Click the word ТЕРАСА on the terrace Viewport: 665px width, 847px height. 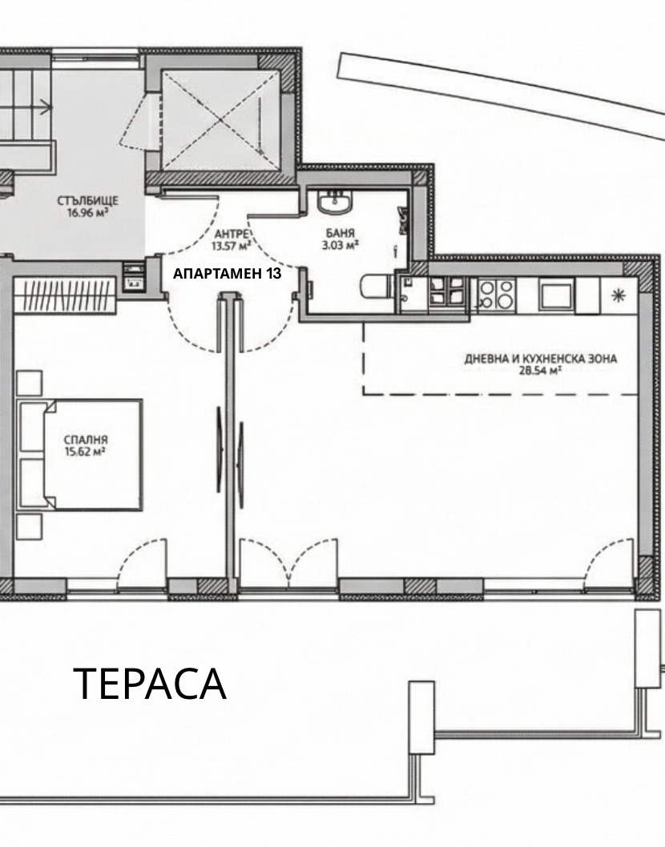(x=150, y=684)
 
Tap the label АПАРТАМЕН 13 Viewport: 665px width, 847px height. (x=227, y=274)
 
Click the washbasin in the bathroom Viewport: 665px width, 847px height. (x=334, y=204)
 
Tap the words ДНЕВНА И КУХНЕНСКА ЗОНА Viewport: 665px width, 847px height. (x=541, y=359)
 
